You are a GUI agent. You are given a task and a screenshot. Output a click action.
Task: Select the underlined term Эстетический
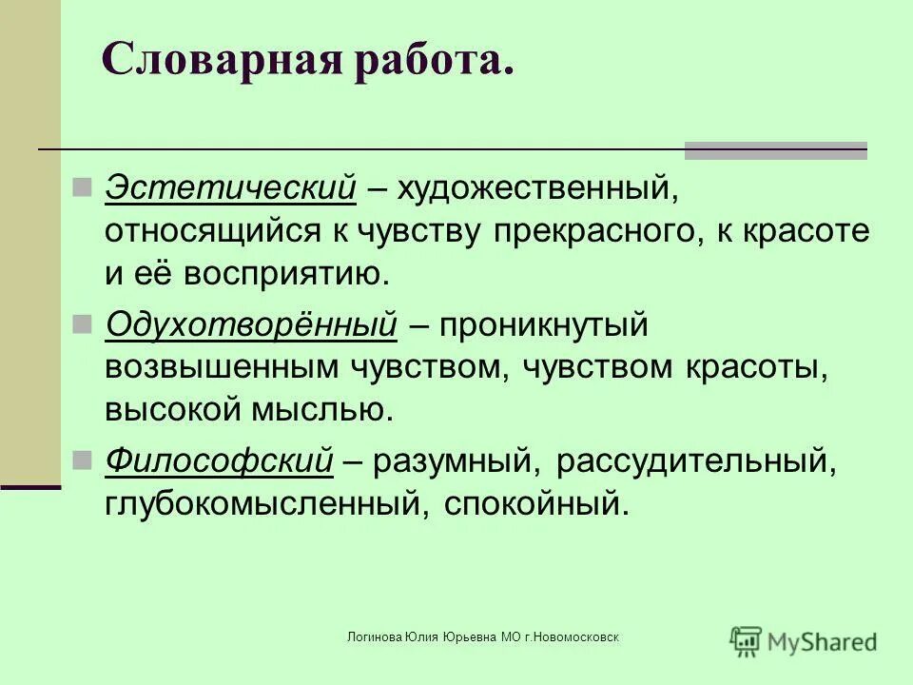pos(230,187)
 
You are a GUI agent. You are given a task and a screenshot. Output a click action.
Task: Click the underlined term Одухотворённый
pos(251,324)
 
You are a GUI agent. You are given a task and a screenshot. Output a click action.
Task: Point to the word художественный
pos(536,187)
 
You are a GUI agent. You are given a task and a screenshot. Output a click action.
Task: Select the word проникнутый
pos(543,324)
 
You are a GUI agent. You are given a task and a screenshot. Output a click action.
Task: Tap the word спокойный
pos(536,503)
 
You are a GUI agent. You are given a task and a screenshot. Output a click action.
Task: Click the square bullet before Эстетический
pos(81,185)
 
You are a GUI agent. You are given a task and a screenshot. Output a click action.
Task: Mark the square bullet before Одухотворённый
pos(81,322)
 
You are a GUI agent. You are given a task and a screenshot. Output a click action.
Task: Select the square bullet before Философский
pos(81,459)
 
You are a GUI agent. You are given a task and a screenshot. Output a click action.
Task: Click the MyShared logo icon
pos(747,640)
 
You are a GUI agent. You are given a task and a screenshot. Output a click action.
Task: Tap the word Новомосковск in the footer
pos(575,636)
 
